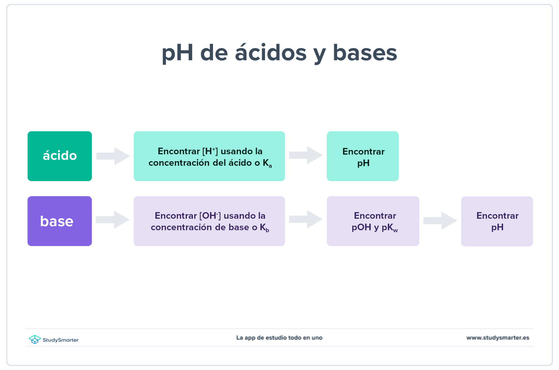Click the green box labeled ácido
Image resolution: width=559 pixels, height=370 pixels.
coord(60,156)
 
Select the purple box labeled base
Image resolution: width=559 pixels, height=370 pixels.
coord(60,221)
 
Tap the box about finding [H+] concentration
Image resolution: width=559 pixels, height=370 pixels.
coord(209,156)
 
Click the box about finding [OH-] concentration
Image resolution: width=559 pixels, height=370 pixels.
coord(209,221)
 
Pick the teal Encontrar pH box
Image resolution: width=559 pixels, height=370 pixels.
coord(362,156)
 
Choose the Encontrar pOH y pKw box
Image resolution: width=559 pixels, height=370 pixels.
coord(373,221)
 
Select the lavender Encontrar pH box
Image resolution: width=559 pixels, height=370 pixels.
coord(497,221)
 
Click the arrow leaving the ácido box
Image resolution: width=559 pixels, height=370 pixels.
coord(113,156)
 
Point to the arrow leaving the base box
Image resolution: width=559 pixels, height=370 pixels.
coord(113,220)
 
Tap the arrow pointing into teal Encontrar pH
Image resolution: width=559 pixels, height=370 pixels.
coord(306,155)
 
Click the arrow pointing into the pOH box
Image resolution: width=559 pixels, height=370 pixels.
coord(306,219)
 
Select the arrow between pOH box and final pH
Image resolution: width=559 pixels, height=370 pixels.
coord(440,220)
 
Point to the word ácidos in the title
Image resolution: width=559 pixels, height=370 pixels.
coord(271,53)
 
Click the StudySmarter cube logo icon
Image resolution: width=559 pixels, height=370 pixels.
coord(35,339)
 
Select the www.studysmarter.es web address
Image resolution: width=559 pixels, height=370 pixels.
coord(497,338)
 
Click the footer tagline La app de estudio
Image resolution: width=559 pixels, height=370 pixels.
coord(279,338)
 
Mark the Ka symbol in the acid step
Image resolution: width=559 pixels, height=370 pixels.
coord(267,163)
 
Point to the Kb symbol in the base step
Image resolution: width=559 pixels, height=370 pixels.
coord(264,228)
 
